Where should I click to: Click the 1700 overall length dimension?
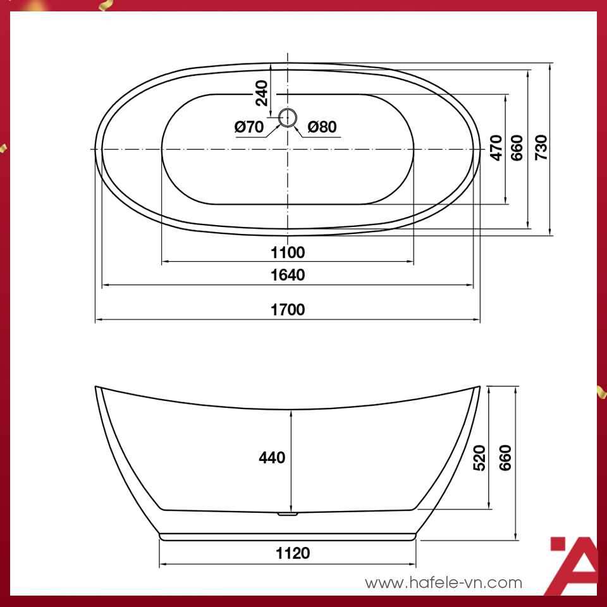pyautogui.click(x=288, y=310)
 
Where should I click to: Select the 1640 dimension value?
pyautogui.click(x=288, y=275)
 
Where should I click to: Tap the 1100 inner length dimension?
pyautogui.click(x=288, y=253)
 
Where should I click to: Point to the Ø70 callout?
pyautogui.click(x=248, y=127)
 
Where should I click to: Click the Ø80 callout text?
pyautogui.click(x=322, y=127)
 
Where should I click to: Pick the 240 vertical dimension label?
pyautogui.click(x=262, y=95)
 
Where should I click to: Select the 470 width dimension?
pyautogui.click(x=496, y=147)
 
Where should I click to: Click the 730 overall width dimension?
pyautogui.click(x=541, y=147)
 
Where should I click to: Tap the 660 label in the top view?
pyautogui.click(x=518, y=147)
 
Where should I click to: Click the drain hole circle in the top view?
pyautogui.click(x=288, y=116)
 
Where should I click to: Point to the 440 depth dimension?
pyautogui.click(x=272, y=457)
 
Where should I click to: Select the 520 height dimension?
pyautogui.click(x=479, y=457)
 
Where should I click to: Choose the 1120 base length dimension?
pyautogui.click(x=293, y=553)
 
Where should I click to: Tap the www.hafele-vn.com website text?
pyautogui.click(x=444, y=582)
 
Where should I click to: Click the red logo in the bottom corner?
pyautogui.click(x=573, y=566)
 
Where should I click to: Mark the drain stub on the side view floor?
pyautogui.click(x=288, y=514)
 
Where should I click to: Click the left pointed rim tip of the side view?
pyautogui.click(x=97, y=387)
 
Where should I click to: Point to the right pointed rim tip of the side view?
pyautogui.click(x=479, y=387)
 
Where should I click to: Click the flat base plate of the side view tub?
pyautogui.click(x=288, y=537)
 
